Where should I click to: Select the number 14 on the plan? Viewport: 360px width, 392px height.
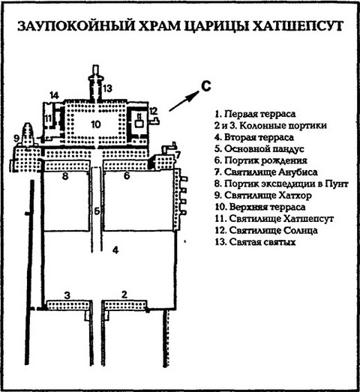click(55, 94)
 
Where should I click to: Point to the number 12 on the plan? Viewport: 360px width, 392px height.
click(153, 112)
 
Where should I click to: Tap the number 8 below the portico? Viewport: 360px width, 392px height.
click(65, 178)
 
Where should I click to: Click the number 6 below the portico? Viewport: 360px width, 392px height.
click(127, 178)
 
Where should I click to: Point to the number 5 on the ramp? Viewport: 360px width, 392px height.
click(97, 211)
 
